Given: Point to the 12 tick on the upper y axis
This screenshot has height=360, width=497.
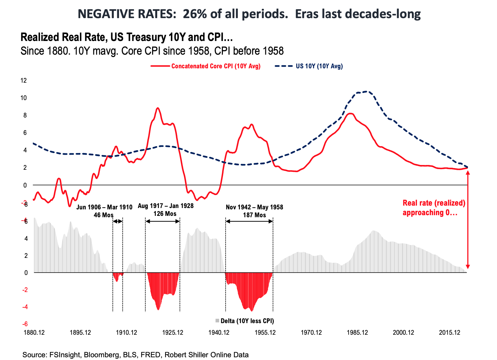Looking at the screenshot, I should pos(24,81).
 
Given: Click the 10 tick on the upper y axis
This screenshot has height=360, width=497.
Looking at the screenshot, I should pos(24,98).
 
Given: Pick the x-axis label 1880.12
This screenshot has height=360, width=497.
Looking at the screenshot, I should pos(34,333).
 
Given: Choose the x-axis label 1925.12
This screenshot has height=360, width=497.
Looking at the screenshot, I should pos(173,333).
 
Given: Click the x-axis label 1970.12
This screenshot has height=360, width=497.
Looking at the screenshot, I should pos(311,333).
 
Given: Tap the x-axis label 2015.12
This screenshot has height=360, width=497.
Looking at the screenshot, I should pos(449,333).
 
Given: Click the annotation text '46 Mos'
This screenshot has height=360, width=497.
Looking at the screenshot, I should pos(104,215).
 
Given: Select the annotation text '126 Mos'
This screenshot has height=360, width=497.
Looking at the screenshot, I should pos(165,214).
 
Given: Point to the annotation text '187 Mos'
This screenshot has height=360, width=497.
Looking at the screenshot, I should pos(254,215).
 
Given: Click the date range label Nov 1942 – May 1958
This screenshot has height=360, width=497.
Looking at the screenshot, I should pos(254,207).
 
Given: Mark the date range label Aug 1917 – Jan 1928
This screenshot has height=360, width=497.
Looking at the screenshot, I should pos(166,206).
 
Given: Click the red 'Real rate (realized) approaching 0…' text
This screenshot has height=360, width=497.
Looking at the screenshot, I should pos(434,208).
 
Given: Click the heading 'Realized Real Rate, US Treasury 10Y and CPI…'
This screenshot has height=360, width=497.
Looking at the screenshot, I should pos(127,37).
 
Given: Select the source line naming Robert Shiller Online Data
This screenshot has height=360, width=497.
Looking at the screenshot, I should pos(135,355).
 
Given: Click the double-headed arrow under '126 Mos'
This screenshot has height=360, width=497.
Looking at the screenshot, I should pos(163,221).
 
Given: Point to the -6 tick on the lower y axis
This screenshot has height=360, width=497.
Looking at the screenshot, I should pos(25,324).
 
